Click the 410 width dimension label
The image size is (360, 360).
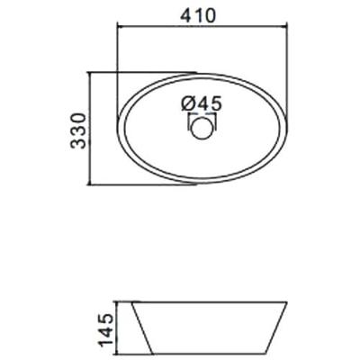coord(198,15)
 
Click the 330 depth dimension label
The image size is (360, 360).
coord(78,130)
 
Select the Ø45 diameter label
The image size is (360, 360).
coord(202,103)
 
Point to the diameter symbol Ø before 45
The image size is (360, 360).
coord(188,103)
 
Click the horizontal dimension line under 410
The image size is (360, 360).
coord(202,27)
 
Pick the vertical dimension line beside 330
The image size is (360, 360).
coord(89,129)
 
